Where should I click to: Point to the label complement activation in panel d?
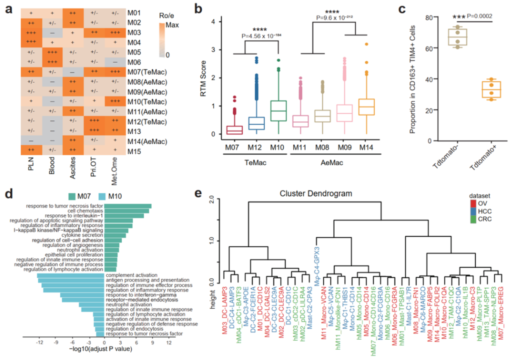tap(131, 274)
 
